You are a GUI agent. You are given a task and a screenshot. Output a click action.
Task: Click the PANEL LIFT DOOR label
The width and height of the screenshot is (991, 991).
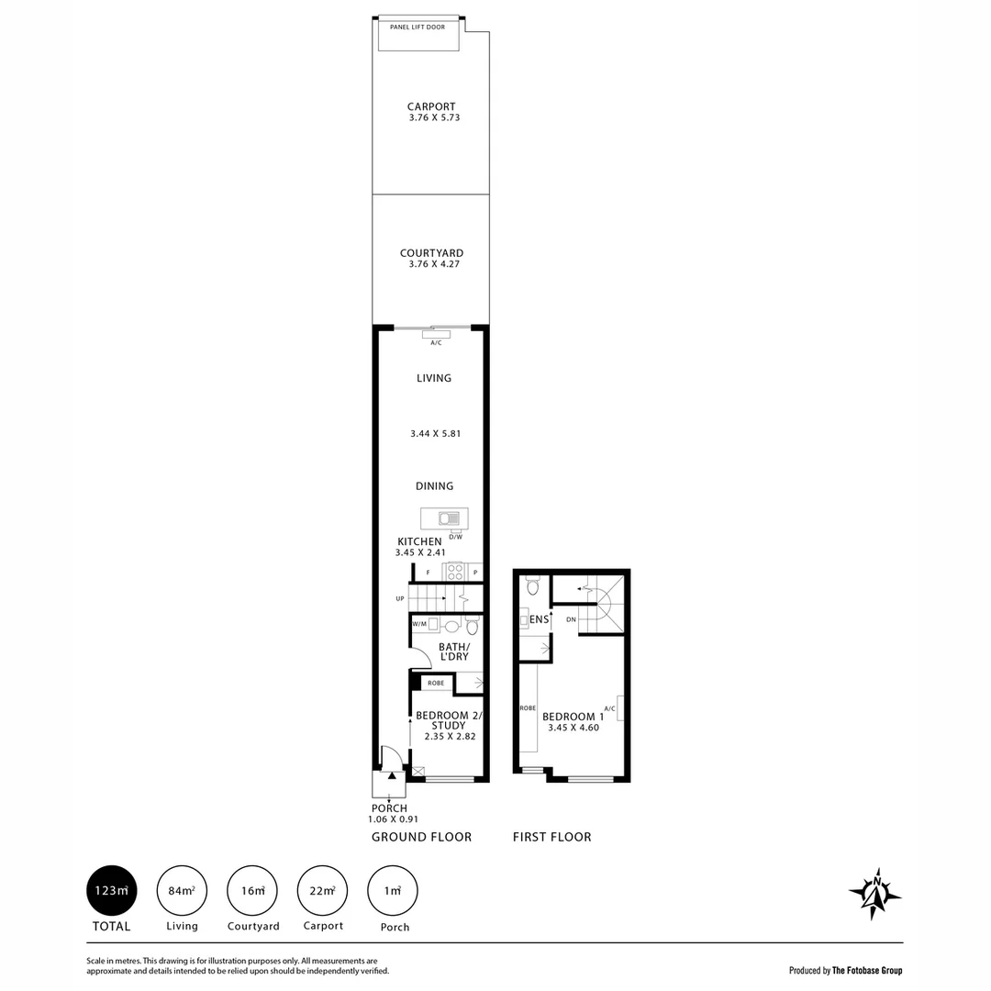(x=418, y=28)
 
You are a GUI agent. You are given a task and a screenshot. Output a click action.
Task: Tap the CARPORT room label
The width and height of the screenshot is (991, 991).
(x=431, y=106)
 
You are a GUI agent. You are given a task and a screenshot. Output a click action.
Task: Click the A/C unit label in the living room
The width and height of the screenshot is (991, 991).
(x=436, y=342)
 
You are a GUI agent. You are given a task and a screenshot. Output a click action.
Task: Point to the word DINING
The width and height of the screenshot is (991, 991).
(x=434, y=486)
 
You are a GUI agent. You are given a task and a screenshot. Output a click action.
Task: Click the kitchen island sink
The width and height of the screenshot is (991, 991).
(x=450, y=518)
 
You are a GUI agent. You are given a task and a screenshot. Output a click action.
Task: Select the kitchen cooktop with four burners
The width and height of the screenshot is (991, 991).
(x=454, y=572)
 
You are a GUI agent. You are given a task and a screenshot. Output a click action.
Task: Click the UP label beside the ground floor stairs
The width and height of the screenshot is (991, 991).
(x=400, y=599)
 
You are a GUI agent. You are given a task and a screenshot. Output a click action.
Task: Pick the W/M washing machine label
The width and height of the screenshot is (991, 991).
(x=420, y=624)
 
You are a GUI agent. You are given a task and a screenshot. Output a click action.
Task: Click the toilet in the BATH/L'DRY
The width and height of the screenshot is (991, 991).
(x=473, y=626)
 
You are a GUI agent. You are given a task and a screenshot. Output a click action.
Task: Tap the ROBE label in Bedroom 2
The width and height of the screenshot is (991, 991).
(x=436, y=683)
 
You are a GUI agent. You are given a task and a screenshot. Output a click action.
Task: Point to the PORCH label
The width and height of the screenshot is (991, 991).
(x=389, y=808)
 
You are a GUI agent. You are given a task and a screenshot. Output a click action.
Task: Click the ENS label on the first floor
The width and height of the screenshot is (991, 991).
(x=540, y=619)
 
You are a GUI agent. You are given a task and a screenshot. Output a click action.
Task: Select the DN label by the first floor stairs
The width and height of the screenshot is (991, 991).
(x=571, y=620)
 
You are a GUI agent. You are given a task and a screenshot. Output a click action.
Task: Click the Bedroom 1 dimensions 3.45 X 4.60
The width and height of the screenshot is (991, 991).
(x=573, y=728)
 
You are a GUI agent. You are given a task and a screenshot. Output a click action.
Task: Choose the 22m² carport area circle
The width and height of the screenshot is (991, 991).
(x=323, y=890)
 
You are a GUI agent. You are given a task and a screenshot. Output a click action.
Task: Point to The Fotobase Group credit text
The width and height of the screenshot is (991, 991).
(x=867, y=970)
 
